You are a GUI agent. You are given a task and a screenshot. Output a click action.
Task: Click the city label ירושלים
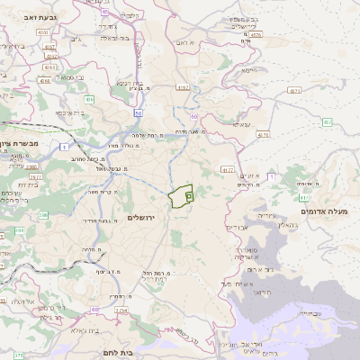(142, 219)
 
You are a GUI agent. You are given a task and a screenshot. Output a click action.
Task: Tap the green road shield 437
(327, 121)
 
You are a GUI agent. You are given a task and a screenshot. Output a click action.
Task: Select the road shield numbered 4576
(263, 135)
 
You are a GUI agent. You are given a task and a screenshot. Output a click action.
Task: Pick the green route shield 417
(304, 197)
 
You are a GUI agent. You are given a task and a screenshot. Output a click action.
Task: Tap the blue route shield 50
(139, 112)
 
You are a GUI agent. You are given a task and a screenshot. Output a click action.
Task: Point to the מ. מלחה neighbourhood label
(88, 249)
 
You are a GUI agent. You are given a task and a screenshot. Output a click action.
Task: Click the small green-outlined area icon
(189, 195)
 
